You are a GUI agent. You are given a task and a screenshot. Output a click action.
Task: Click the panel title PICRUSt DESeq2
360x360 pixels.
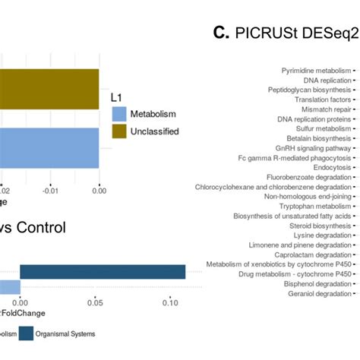pos(286,33)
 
